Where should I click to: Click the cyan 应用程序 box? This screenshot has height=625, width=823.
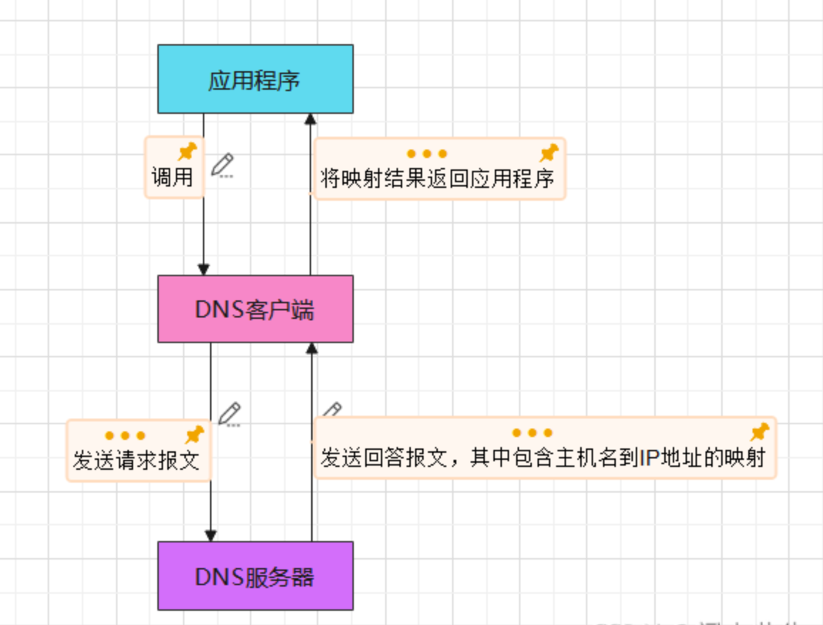coord(255,79)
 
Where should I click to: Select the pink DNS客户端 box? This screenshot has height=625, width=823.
coord(255,309)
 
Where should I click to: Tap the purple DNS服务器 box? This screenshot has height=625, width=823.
coord(255,576)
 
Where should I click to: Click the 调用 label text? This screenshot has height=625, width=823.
coord(172,177)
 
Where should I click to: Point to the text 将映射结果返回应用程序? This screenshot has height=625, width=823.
coord(437,178)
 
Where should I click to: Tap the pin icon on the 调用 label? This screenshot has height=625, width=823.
coord(187,151)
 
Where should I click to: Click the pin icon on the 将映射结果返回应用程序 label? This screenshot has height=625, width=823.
coord(548,152)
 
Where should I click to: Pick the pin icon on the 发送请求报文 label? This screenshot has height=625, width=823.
coord(194,434)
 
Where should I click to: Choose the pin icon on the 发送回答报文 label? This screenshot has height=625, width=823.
coord(760,431)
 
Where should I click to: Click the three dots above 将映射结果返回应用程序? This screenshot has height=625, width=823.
coord(427,154)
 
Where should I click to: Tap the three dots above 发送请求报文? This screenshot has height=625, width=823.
coord(125,436)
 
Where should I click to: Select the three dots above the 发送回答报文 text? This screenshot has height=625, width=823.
coord(533,433)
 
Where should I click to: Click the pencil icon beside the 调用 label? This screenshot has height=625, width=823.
coord(223,164)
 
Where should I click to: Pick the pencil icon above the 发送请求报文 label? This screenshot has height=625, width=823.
coord(229,414)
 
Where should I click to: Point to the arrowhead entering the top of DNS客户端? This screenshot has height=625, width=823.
coord(204,270)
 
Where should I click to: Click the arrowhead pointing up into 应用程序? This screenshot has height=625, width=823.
coord(310,119)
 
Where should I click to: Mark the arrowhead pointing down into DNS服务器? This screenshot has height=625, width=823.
coord(211,535)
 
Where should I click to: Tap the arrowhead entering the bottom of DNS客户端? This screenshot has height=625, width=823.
coord(311,348)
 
